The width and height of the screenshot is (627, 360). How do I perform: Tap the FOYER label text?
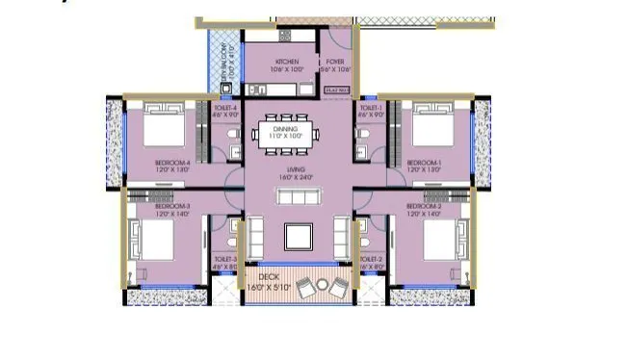point(335,62)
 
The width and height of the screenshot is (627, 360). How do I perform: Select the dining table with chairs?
point(285,134)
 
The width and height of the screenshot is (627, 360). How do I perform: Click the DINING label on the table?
point(285,129)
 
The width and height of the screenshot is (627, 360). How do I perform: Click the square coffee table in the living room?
point(298,236)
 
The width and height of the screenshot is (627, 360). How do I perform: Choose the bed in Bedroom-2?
point(442,242)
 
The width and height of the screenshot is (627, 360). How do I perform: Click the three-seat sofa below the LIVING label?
point(298,196)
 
